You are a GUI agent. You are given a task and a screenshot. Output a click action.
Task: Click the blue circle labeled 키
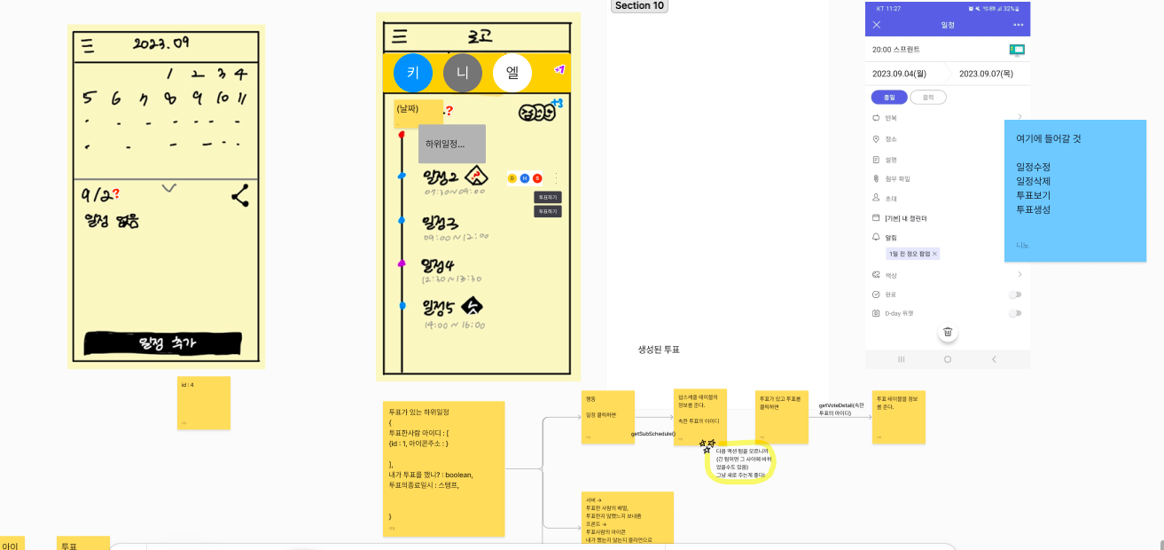tap(412, 73)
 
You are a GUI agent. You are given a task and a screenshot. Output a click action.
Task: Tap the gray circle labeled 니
tap(462, 73)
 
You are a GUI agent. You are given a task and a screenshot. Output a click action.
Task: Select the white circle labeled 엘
tap(512, 73)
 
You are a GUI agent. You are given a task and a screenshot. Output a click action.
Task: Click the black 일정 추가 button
tap(163, 343)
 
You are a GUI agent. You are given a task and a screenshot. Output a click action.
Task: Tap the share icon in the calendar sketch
tap(239, 196)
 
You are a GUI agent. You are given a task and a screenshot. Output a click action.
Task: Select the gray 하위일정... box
tap(451, 144)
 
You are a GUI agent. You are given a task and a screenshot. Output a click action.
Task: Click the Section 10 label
tap(639, 6)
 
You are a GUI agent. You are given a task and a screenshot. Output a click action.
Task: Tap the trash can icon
tap(948, 333)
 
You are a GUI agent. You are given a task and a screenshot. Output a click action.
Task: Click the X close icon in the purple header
tap(877, 25)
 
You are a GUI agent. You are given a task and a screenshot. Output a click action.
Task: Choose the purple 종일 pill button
tap(888, 98)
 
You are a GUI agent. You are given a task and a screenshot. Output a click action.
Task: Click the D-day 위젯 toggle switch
tap(1014, 313)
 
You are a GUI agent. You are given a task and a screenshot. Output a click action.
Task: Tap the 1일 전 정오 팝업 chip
tap(912, 254)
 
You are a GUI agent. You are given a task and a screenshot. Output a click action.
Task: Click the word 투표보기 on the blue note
tap(1034, 195)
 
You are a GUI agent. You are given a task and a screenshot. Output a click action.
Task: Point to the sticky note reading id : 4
tap(203, 403)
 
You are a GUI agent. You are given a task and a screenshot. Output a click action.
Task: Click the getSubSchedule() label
tap(653, 434)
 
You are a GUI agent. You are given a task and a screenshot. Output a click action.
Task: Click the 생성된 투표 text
tap(659, 350)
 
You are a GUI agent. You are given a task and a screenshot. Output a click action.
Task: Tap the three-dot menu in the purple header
tap(1018, 25)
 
